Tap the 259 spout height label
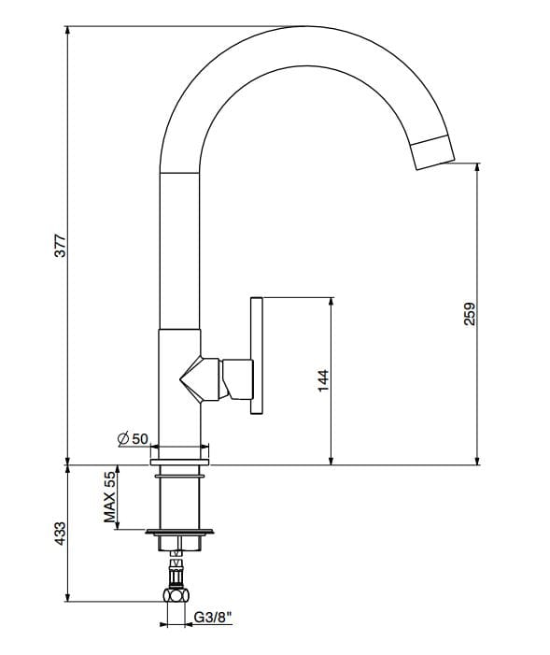(x=470, y=313)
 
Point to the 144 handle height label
(x=323, y=380)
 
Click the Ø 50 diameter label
(x=134, y=438)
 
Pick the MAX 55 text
(x=109, y=497)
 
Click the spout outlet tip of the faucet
(x=433, y=152)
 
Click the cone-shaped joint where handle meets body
(x=199, y=378)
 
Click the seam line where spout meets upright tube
(x=180, y=174)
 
